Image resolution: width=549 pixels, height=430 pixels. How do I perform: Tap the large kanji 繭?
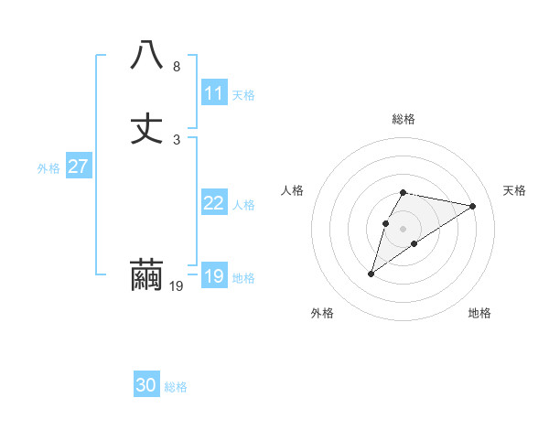146,275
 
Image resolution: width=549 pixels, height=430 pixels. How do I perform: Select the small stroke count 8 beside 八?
177,67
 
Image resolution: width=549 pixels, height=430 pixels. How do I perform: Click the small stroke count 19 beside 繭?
177,286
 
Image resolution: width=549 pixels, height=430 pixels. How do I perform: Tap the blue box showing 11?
214,93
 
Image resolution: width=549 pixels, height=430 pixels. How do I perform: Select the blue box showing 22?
214,203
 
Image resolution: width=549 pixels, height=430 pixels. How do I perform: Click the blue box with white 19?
214,276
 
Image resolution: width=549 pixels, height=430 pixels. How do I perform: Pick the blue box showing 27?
78,167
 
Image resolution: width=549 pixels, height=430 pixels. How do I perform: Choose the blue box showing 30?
146,385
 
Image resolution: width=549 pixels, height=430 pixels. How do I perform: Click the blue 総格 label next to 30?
176,387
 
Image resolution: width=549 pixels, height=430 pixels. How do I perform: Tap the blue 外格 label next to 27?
48,168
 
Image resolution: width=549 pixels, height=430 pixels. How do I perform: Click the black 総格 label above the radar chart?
404,119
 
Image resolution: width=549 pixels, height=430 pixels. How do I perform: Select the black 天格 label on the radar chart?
515,190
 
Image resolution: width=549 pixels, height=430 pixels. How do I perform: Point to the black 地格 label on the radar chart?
479,313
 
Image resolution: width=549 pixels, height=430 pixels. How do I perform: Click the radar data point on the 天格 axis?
473,206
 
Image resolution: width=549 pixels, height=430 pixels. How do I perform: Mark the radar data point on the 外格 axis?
371,274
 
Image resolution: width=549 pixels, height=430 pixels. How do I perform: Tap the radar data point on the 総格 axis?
404,192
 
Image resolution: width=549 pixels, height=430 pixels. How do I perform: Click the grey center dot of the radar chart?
404,228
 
